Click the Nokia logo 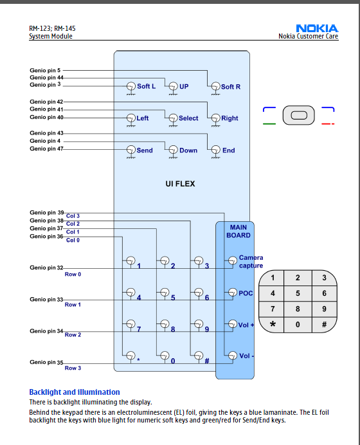[317, 28]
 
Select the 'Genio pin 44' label [46, 77]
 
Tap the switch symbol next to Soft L [130, 87]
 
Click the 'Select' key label [188, 118]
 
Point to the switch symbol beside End [215, 150]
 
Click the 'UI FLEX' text [180, 184]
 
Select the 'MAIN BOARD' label [239, 232]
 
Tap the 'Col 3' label [73, 216]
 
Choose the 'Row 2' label [73, 335]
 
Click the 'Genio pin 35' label [46, 362]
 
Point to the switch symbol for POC [232, 293]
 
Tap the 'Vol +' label [246, 325]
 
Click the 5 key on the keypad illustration [298, 293]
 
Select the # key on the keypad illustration [324, 324]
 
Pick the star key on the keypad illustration [272, 324]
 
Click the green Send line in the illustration [269, 123]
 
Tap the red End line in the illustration [328, 123]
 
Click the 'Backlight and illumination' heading [75, 392]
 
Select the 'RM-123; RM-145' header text [52, 28]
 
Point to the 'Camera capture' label [251, 261]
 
